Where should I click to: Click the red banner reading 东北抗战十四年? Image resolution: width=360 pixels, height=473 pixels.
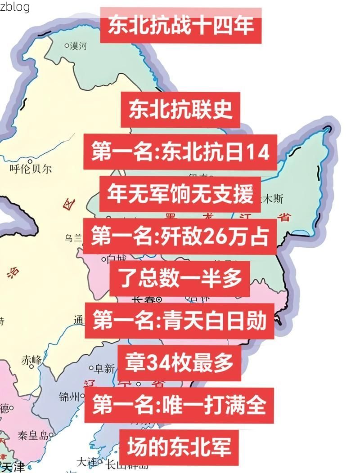click(x=180, y=25)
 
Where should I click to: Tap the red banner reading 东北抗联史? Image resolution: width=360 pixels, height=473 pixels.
click(x=180, y=110)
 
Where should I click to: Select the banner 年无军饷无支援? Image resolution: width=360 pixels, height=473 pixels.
click(x=180, y=194)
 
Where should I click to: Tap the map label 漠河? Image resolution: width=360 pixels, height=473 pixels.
click(x=78, y=46)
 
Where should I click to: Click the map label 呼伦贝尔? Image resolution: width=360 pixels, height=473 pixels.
click(x=31, y=169)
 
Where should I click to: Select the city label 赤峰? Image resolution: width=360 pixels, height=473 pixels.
click(x=31, y=360)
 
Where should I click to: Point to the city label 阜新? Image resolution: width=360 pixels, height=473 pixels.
click(x=104, y=369)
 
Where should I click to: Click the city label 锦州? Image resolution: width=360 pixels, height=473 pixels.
click(x=70, y=397)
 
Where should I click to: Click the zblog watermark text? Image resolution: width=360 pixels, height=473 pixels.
click(x=15, y=6)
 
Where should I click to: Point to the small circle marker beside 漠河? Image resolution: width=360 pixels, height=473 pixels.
click(x=67, y=45)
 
